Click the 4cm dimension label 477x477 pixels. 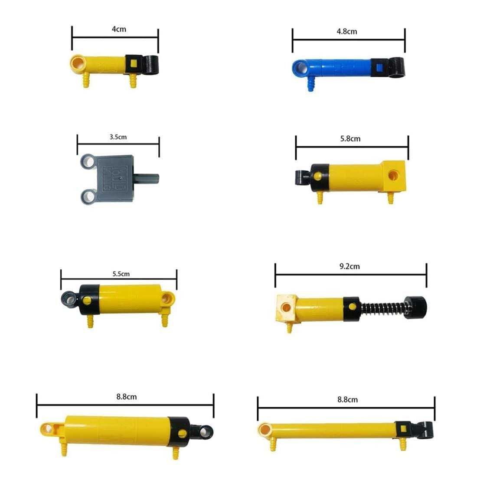(119, 29)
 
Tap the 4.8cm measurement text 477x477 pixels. (347, 31)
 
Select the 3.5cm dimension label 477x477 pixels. (118, 137)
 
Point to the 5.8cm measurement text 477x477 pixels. (350, 139)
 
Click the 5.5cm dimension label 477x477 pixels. (121, 274)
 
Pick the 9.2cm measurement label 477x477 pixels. (350, 267)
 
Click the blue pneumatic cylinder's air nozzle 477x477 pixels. (310, 84)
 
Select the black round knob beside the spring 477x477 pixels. (416, 307)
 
